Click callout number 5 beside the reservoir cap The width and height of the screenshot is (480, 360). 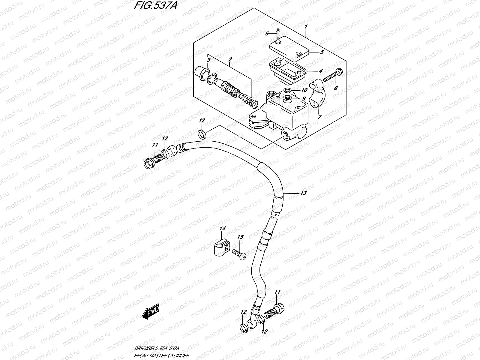point(322,52)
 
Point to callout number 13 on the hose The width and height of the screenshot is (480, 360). point(303,193)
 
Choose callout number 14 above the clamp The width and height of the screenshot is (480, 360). point(222,229)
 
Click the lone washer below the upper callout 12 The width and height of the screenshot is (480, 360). point(202,134)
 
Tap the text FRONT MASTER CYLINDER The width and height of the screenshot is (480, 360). point(162,355)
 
